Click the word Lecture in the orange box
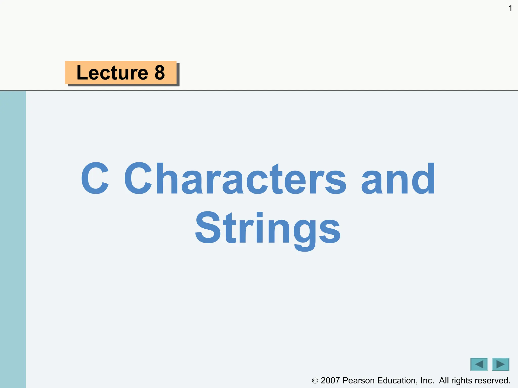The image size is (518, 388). [x=112, y=73]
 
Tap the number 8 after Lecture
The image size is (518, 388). [x=160, y=73]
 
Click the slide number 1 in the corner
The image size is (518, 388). [x=510, y=9]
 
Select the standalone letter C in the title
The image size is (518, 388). [x=95, y=178]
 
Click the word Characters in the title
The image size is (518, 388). [x=235, y=178]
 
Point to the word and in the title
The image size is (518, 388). [x=398, y=178]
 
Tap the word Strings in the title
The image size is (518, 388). [x=268, y=229]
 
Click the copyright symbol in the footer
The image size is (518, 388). [x=315, y=381]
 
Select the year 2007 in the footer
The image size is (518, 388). [x=330, y=380]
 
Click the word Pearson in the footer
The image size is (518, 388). [x=358, y=380]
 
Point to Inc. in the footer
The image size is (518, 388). [x=427, y=380]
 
